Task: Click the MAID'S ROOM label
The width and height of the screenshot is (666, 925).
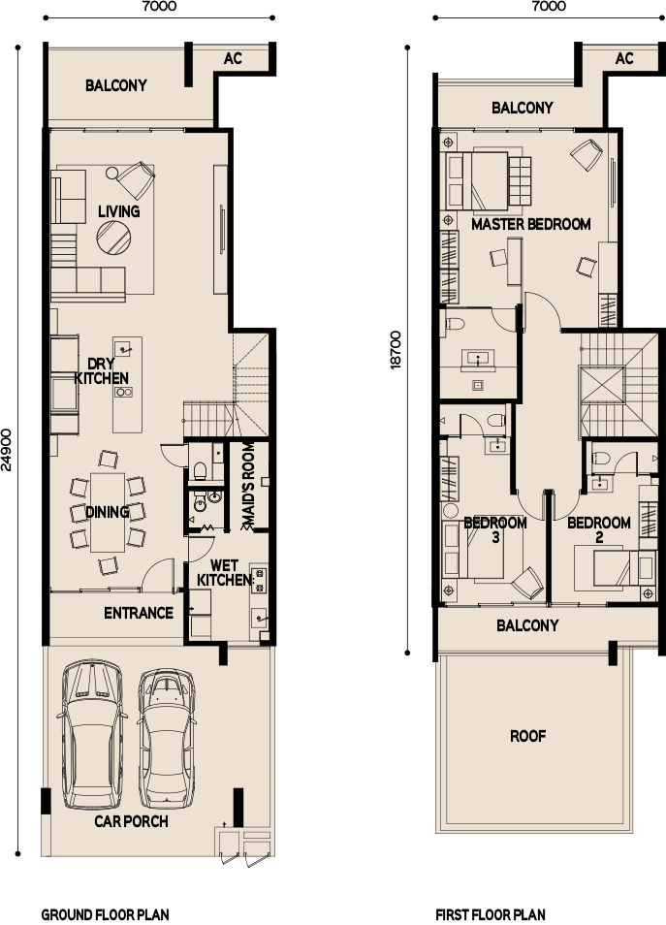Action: (248, 486)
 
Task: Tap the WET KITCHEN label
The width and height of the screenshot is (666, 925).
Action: (224, 573)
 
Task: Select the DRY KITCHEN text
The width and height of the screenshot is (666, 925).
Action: (102, 370)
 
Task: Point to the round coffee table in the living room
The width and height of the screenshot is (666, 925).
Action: (113, 238)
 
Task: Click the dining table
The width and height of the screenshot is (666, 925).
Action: (108, 513)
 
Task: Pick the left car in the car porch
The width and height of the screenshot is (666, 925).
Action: (93, 734)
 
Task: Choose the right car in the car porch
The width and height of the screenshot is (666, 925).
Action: (167, 738)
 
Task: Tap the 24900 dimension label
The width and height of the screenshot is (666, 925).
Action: (7, 450)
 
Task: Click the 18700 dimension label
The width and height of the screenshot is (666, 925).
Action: (396, 350)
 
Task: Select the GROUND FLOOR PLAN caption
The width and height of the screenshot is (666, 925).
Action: (105, 914)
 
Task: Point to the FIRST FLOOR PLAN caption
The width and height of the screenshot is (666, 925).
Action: (491, 914)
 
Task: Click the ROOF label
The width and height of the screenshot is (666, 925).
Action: (528, 736)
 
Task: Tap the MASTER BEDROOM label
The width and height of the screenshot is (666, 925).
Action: (531, 224)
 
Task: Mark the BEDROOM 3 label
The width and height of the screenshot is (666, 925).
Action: (495, 529)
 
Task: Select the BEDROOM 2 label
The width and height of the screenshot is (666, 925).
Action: (599, 529)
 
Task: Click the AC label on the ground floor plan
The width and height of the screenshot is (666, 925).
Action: (233, 58)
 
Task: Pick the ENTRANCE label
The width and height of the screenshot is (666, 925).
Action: (139, 613)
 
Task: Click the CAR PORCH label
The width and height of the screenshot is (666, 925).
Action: (131, 821)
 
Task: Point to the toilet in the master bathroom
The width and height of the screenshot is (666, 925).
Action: (456, 323)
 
